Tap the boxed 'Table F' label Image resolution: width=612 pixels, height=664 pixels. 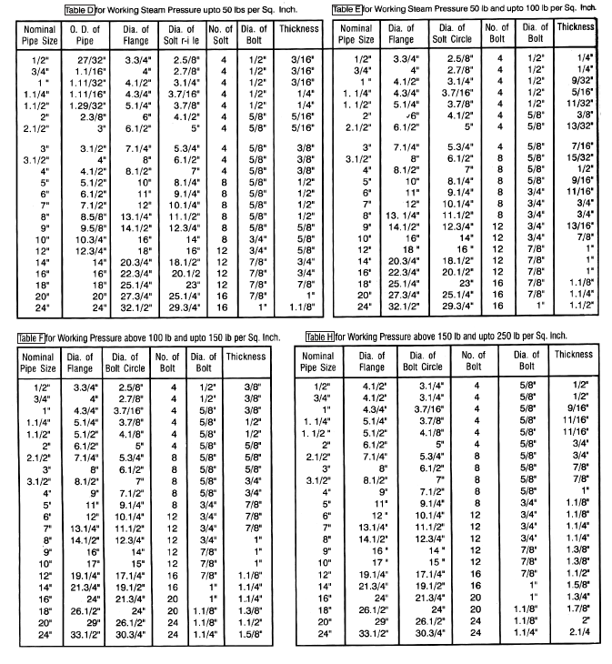click(34, 338)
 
